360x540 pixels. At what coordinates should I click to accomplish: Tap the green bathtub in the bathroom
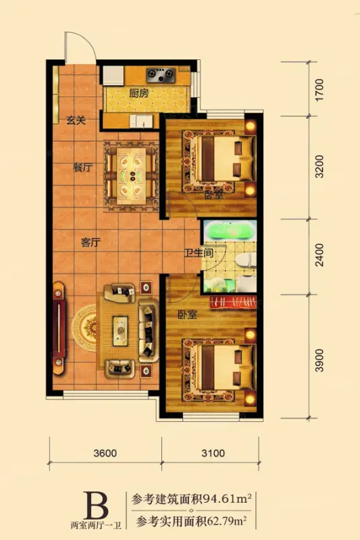tap(229, 232)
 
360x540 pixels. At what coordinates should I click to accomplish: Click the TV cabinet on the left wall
tap(59, 328)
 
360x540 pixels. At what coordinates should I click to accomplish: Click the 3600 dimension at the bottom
tap(105, 453)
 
